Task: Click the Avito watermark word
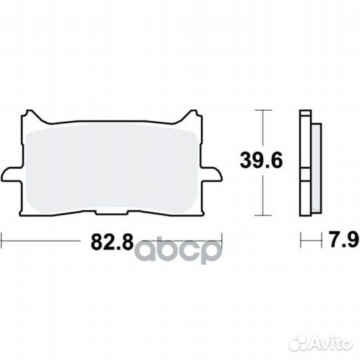(331, 344)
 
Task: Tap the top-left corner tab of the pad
(32, 117)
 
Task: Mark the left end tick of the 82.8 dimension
(2, 239)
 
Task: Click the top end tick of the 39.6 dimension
(265, 109)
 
